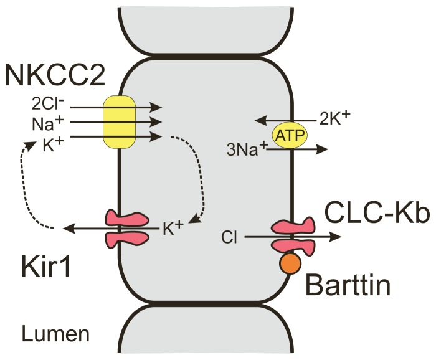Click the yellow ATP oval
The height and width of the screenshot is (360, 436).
tap(287, 135)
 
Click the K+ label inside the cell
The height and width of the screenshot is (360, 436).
tap(173, 229)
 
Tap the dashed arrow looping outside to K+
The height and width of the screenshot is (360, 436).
tap(24, 187)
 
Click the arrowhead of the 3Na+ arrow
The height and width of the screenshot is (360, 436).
tap(324, 149)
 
